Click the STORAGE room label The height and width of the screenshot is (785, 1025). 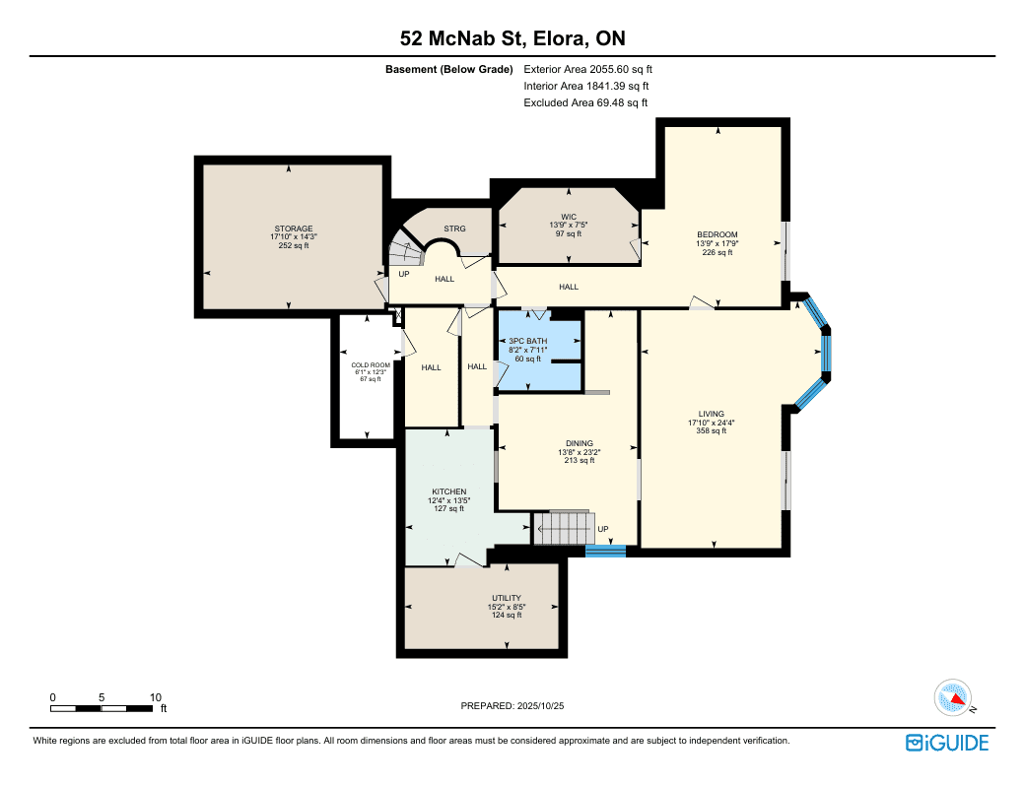(x=294, y=229)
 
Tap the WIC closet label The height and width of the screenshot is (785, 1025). (x=569, y=217)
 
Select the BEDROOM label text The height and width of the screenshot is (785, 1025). (x=717, y=234)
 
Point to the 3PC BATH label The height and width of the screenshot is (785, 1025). (x=528, y=341)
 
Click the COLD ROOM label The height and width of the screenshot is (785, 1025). (x=371, y=365)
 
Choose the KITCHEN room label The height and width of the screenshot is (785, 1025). (x=449, y=491)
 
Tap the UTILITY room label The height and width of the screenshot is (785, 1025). (x=507, y=598)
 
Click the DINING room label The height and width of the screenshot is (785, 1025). (x=580, y=443)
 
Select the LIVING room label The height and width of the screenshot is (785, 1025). (x=712, y=414)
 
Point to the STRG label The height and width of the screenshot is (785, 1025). (x=455, y=229)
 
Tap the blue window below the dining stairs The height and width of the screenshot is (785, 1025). (x=605, y=552)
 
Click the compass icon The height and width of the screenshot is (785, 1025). (x=953, y=698)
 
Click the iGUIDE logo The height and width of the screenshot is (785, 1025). (x=947, y=744)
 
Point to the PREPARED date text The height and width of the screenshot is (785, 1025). (x=512, y=706)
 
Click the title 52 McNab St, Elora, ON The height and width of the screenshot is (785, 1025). (x=512, y=38)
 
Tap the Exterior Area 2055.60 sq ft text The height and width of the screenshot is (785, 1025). (x=587, y=69)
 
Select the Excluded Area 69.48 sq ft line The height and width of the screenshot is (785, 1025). (x=585, y=102)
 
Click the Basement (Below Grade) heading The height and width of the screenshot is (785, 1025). (x=449, y=69)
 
